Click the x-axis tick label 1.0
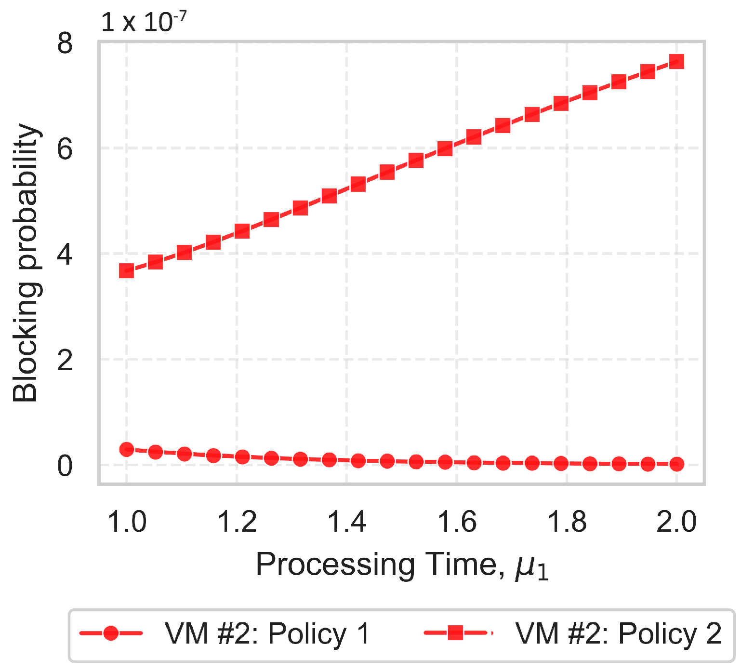coord(127,522)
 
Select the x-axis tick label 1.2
coord(237,522)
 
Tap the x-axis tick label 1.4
coord(347,522)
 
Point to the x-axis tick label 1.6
coord(457,522)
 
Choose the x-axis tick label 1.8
coord(567,522)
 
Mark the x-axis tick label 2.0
coord(676,522)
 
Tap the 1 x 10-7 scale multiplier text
coord(144,22)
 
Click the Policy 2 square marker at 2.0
coord(676,62)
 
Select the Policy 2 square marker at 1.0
coord(127,270)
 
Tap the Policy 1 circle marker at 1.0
coord(127,449)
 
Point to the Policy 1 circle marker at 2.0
coord(676,464)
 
